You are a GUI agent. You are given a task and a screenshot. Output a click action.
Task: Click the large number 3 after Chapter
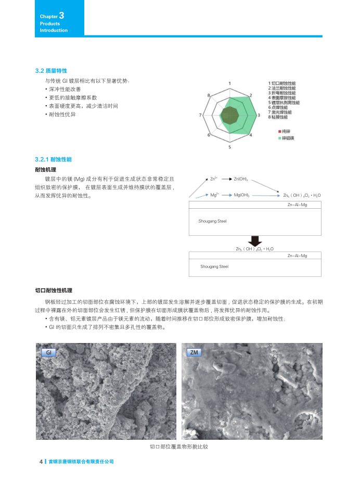(61, 16)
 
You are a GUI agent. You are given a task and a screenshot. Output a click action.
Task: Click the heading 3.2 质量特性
(50, 70)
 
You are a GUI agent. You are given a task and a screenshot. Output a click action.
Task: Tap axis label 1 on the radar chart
(229, 83)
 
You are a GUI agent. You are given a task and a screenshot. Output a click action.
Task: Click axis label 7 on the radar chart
(200, 115)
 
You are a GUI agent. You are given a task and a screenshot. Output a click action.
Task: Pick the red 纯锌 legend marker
(279, 131)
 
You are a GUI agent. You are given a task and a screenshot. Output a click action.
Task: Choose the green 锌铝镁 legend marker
(279, 137)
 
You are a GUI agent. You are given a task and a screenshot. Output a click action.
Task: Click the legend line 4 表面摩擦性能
(281, 98)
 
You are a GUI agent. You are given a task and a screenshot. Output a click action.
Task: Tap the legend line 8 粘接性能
(279, 117)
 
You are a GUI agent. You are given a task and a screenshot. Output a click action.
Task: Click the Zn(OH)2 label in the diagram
(241, 179)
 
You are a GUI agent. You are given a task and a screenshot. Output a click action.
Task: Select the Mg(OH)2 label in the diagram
(241, 195)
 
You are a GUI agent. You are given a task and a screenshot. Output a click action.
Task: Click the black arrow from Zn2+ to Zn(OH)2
(226, 179)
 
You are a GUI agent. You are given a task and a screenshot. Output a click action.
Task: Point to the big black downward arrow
(254, 240)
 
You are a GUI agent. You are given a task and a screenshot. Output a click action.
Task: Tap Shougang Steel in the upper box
(212, 221)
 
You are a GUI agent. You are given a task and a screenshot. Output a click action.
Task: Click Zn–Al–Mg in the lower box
(297, 256)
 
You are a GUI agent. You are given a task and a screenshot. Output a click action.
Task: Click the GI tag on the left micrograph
(48, 352)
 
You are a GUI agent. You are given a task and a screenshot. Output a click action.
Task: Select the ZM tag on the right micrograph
(194, 352)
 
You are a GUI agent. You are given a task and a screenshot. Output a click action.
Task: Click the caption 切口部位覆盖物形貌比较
(178, 447)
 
